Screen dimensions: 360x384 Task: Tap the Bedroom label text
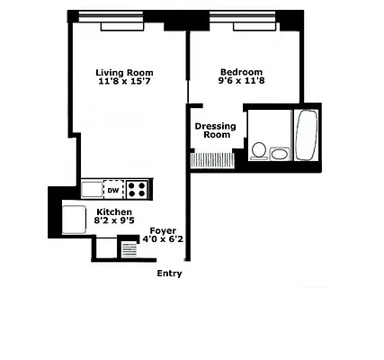click(241, 72)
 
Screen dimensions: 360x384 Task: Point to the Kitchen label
click(114, 212)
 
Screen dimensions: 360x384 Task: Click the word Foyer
click(163, 229)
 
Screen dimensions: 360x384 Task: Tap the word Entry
click(169, 274)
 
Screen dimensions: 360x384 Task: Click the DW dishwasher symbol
click(113, 190)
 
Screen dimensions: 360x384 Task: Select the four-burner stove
click(137, 189)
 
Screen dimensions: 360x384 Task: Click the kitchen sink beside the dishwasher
click(92, 189)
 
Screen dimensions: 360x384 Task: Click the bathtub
click(304, 134)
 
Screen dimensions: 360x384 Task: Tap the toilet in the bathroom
click(258, 150)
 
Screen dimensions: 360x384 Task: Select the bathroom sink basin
click(279, 154)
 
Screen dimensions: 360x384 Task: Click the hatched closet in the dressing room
click(212, 159)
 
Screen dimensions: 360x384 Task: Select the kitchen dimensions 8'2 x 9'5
click(114, 222)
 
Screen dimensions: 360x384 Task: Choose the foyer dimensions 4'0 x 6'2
click(162, 239)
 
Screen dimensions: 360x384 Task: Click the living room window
click(106, 14)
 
